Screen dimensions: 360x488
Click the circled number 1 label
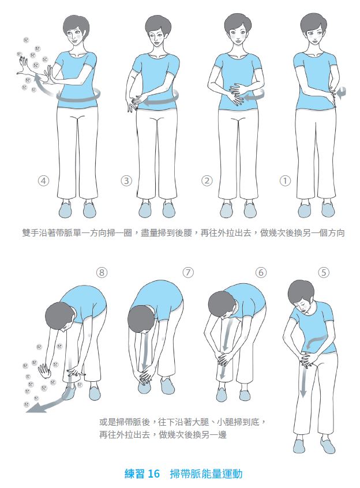tap(285, 181)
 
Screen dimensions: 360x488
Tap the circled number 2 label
tap(207, 181)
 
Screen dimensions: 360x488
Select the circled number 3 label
tap(126, 181)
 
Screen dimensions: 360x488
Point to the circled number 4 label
tap(44, 181)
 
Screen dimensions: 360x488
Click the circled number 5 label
tap(323, 273)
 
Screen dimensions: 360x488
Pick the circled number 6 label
tap(261, 273)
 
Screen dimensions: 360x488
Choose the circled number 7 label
tap(188, 273)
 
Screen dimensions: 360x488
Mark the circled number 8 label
tap(102, 273)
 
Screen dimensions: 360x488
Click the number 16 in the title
tap(153, 474)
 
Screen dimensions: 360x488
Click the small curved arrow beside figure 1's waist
tap(342, 93)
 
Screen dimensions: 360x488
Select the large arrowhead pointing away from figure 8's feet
tap(33, 408)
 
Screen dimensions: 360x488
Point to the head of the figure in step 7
tap(141, 320)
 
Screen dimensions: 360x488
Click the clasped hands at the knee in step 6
tap(225, 360)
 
